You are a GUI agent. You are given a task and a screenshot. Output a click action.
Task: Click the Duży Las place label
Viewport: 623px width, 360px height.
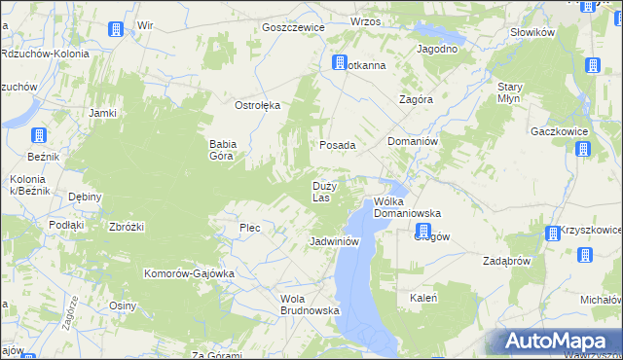[324, 191]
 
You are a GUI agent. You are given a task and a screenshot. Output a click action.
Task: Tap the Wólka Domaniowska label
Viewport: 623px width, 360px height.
[408, 207]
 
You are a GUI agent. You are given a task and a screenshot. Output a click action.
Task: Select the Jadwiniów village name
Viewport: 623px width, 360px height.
[335, 240]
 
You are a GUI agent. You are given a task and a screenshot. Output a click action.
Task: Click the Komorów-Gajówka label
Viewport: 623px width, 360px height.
[190, 273]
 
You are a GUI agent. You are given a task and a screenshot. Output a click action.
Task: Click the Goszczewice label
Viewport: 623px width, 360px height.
[293, 27]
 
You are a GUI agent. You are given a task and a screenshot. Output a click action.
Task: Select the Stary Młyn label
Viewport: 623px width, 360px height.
[510, 92]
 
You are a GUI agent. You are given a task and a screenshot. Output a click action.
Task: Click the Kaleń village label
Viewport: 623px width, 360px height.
[423, 298]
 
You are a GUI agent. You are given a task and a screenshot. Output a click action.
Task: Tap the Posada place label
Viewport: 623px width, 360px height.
[338, 145]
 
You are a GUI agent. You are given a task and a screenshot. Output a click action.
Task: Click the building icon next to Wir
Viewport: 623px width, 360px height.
[115, 28]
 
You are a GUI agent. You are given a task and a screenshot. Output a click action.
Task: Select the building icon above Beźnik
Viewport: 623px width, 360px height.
[38, 136]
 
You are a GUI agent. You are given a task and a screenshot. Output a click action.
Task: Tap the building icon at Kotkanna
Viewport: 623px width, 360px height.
[340, 64]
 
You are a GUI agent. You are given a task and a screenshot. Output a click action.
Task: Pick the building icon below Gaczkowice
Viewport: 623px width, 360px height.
[582, 149]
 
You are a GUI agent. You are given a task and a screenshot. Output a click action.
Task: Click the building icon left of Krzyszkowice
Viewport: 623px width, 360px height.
[552, 234]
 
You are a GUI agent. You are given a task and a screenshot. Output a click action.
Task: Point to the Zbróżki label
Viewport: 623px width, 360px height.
[128, 227]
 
